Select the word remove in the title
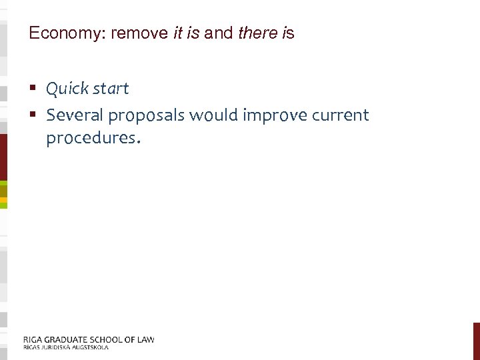point(140,33)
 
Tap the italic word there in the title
point(257,33)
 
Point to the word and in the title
point(219,33)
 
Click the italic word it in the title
point(177,33)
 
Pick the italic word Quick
point(65,89)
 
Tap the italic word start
point(108,89)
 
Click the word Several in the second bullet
point(75,115)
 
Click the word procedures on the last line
point(91,139)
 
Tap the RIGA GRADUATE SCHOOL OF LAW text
point(89,339)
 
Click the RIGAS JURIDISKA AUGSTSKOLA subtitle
point(65,347)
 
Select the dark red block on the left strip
point(3,157)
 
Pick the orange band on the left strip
point(3,199)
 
